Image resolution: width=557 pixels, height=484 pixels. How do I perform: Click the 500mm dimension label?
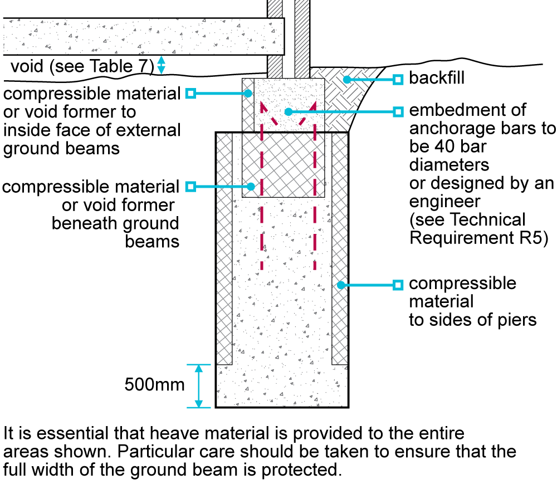click(154, 385)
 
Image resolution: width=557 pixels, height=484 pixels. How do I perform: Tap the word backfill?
click(436, 79)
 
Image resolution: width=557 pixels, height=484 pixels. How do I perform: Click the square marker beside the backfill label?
click(398, 80)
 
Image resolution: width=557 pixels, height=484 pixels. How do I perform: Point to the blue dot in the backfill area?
click(346, 80)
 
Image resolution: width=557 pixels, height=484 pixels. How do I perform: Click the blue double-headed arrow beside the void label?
click(161, 65)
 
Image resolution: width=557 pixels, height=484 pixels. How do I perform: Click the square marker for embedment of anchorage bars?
click(398, 111)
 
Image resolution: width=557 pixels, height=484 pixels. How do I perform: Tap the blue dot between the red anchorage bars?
click(288, 111)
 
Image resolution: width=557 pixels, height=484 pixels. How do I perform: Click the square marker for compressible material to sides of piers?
click(398, 285)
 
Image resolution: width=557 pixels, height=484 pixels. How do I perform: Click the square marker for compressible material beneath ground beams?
click(190, 186)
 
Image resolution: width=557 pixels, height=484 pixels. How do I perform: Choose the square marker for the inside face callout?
click(190, 93)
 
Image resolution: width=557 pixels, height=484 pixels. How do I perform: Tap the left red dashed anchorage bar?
click(261, 223)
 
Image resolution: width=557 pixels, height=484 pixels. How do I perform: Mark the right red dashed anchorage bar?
click(315, 223)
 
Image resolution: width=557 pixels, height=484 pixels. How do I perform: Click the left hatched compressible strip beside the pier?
click(224, 251)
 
